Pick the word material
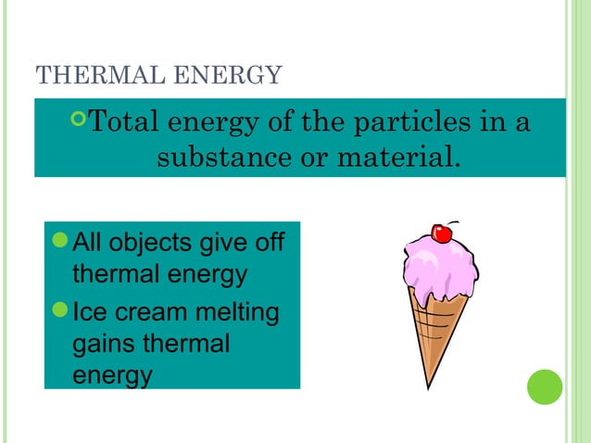coord(391,157)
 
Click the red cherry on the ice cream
coord(442,234)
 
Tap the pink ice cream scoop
coord(438,271)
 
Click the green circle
coord(545,386)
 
